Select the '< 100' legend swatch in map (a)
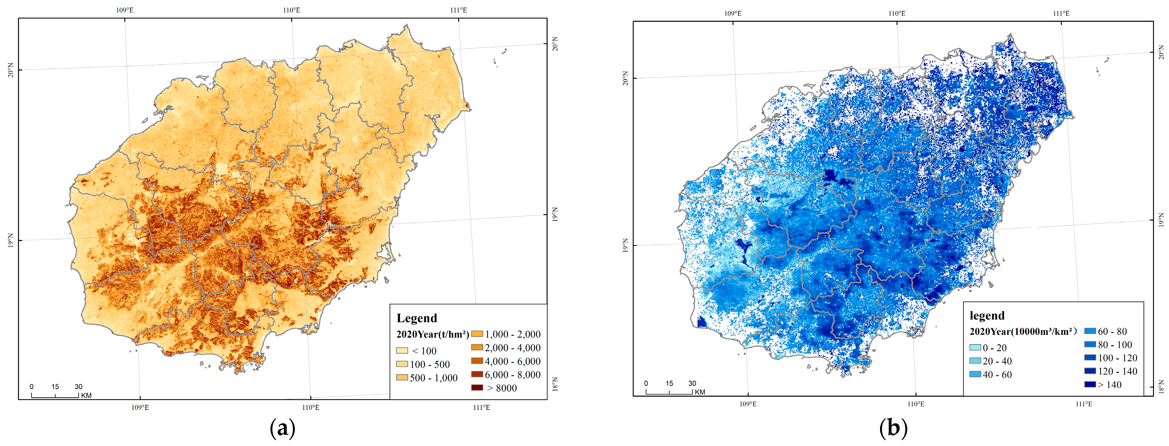point(402,350)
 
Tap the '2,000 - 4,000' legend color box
point(477,347)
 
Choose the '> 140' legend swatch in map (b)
point(1090,384)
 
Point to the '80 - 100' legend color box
point(1090,344)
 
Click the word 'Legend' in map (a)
point(416,318)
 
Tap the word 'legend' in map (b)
point(987,316)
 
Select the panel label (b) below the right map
point(893,428)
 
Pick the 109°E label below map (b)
point(748,404)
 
